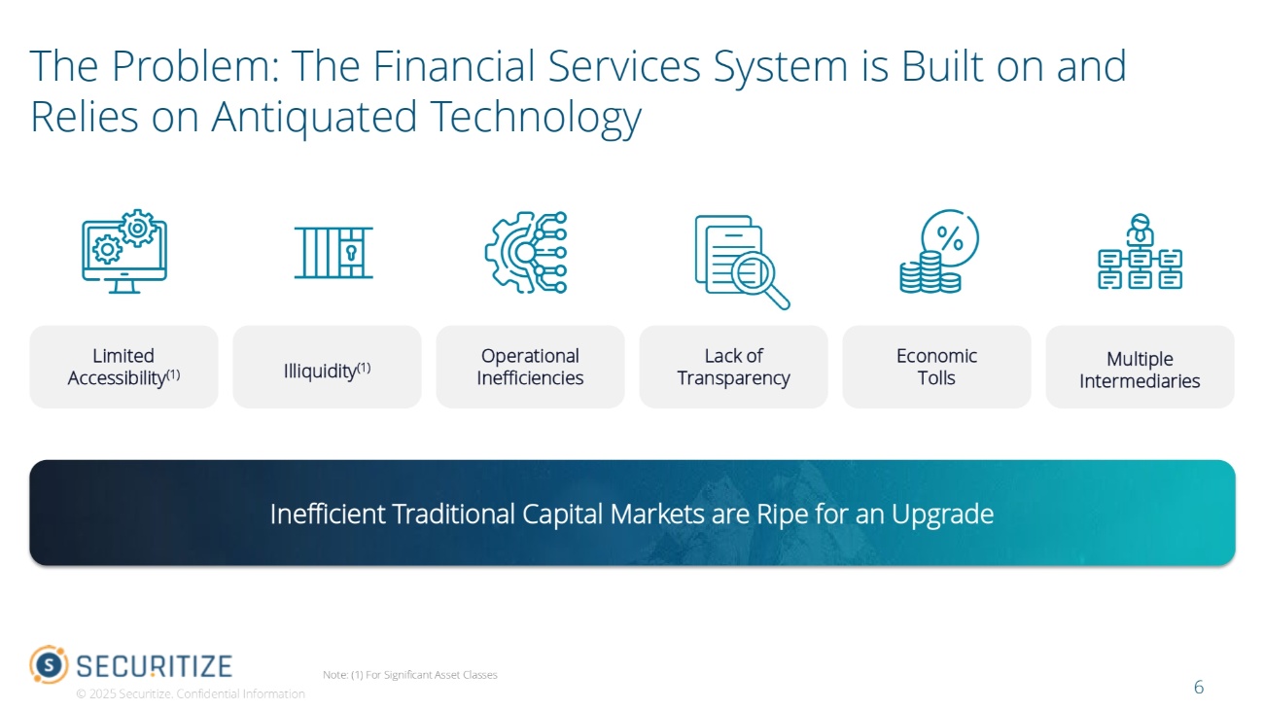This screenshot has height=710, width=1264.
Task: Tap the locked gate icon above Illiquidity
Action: [x=334, y=252]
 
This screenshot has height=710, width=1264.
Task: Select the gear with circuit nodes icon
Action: [x=526, y=253]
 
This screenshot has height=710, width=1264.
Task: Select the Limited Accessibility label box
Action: [x=124, y=367]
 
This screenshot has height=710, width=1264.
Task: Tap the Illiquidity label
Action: [x=327, y=371]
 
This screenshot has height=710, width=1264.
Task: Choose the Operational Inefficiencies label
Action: [x=530, y=367]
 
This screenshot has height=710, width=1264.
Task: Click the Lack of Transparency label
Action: [x=733, y=367]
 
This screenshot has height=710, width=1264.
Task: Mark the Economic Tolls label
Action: [x=936, y=367]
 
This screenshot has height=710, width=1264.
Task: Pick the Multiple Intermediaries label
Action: [x=1140, y=370]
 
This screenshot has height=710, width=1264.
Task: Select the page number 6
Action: [x=1198, y=687]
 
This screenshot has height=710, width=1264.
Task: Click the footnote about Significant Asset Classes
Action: [x=409, y=675]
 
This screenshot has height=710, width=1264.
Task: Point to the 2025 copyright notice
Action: [x=191, y=693]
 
